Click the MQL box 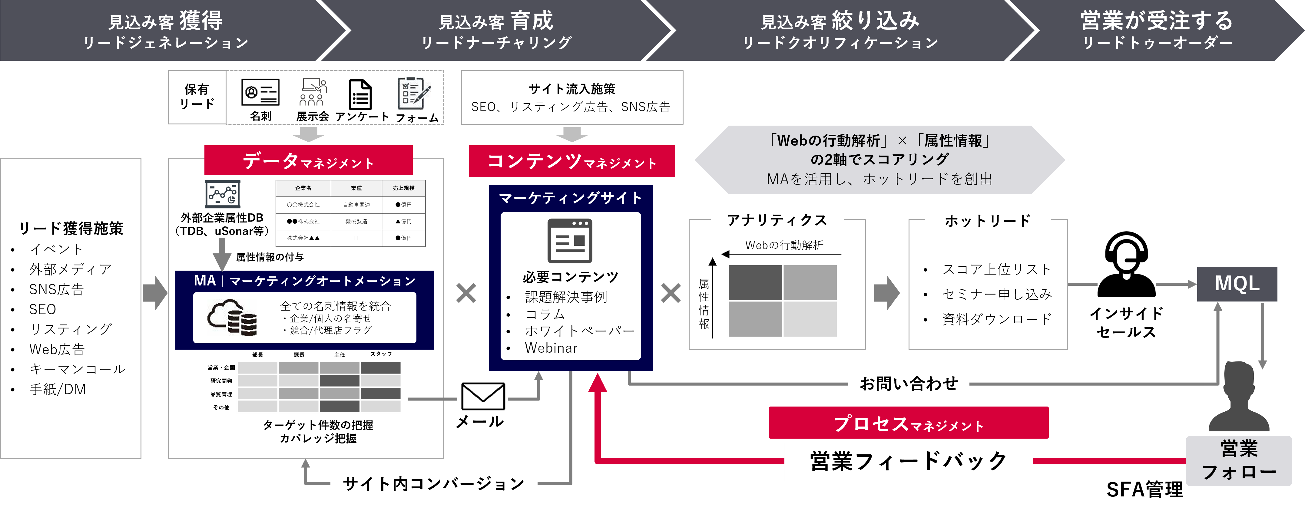(x=1237, y=284)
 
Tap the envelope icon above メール (x=483, y=396)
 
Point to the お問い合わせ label (x=908, y=384)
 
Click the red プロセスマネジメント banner (x=908, y=423)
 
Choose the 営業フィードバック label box (x=908, y=461)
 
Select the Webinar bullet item (x=551, y=348)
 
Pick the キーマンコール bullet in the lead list (x=77, y=369)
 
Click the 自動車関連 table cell (x=356, y=205)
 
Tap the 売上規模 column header (x=403, y=188)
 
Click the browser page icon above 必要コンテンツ (x=570, y=241)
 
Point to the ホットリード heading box (x=987, y=221)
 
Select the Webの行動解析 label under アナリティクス (x=784, y=245)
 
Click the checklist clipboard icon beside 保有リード (x=414, y=94)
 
